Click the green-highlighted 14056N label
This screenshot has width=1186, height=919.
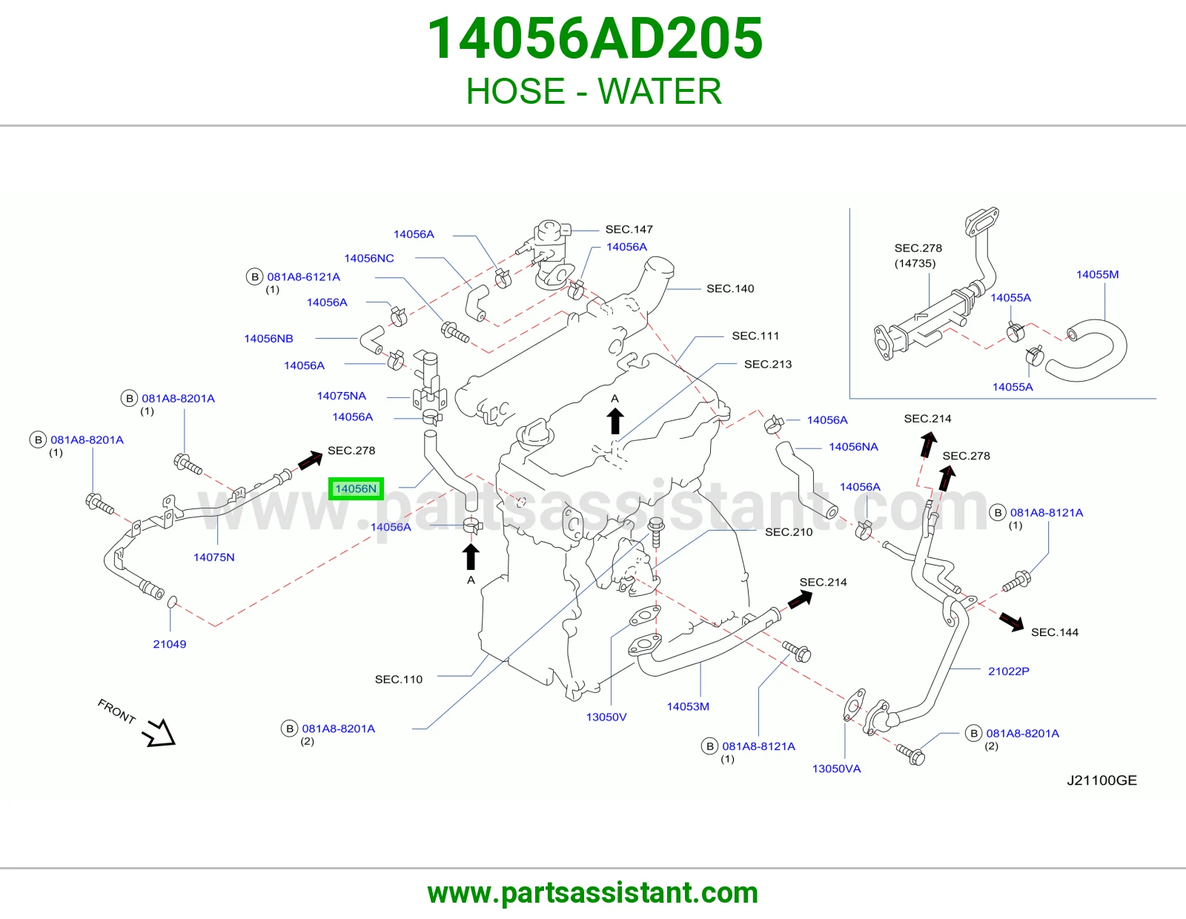pos(356,488)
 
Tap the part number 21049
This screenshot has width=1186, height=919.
pos(169,644)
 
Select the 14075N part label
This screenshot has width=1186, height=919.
pos(214,557)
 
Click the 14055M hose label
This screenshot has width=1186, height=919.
pos(1097,274)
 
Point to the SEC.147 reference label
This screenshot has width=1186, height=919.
pos(629,229)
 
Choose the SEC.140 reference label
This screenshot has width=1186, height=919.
pos(730,288)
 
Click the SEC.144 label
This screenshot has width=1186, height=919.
pos(1055,632)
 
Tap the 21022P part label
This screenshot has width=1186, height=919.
pos(1009,671)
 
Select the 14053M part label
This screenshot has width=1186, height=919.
pos(688,706)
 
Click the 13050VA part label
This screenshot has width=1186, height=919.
pos(836,769)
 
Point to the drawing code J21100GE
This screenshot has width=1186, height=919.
pos(1102,780)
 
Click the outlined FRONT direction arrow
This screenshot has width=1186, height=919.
pos(159,732)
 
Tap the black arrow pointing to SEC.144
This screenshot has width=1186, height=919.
pos(1011,621)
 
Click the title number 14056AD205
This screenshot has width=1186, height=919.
pos(594,39)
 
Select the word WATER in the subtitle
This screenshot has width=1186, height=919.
pos(659,90)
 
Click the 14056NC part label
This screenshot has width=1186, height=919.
pos(369,258)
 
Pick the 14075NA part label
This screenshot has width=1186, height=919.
pos(341,396)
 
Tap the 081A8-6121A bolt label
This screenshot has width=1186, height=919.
pos(303,276)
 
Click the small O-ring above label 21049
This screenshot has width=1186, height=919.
pos(171,602)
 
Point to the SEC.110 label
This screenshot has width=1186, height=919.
pos(399,679)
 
